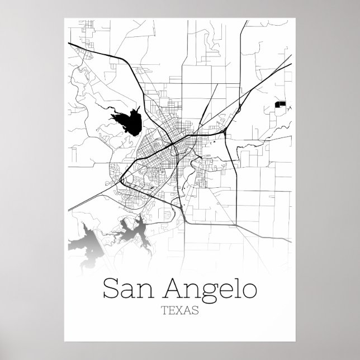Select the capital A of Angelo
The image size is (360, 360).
coord(173,288)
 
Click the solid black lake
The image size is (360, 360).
coord(128,121)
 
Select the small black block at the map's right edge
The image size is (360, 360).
coord(281,103)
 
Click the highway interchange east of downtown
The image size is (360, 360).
coord(223,132)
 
